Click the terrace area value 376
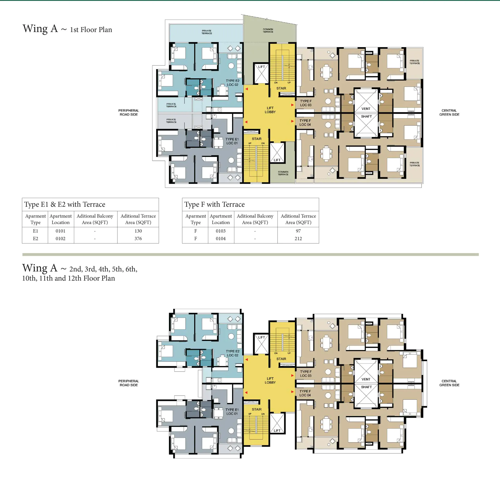pos(138,239)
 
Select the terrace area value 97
pos(298,231)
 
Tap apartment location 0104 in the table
pos(221,239)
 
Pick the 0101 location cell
pos(60,231)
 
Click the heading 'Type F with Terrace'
pos(215,205)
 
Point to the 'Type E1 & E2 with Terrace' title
pos(65,205)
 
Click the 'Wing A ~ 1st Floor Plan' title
pos(67,29)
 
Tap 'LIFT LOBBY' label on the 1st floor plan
pos(270,110)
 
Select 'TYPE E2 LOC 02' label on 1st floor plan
pos(233,83)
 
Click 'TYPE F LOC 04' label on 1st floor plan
pos(305,123)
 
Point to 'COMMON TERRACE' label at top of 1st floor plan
pos(268,31)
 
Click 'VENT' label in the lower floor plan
pos(366,379)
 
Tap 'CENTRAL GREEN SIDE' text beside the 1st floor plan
pos(449,112)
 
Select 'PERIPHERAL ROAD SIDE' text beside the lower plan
pos(129,383)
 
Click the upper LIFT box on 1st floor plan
pos(261,73)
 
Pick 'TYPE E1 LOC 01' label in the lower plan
pos(232,412)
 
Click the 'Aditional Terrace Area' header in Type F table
pos(298,219)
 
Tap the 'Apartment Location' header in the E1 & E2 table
pos(60,219)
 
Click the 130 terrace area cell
pos(138,231)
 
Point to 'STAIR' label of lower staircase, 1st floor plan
pos(257,139)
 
